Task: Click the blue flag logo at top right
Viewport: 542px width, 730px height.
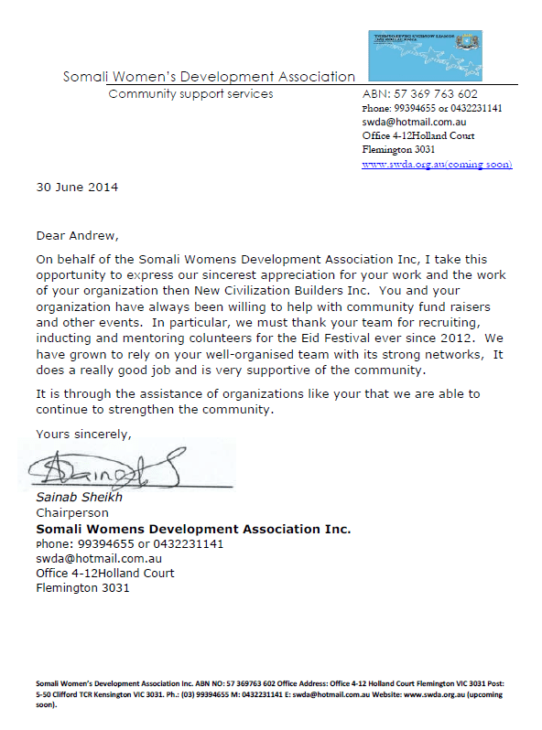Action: tap(424, 55)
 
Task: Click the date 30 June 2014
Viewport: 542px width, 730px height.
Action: tap(77, 188)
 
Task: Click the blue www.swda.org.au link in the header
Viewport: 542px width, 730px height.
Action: tap(437, 165)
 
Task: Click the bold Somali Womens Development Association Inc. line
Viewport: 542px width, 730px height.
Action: tap(193, 529)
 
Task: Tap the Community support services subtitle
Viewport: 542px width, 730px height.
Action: tap(190, 94)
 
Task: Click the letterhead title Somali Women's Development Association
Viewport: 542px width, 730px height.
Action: tap(209, 77)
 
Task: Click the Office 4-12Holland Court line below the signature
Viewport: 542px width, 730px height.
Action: tap(105, 574)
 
